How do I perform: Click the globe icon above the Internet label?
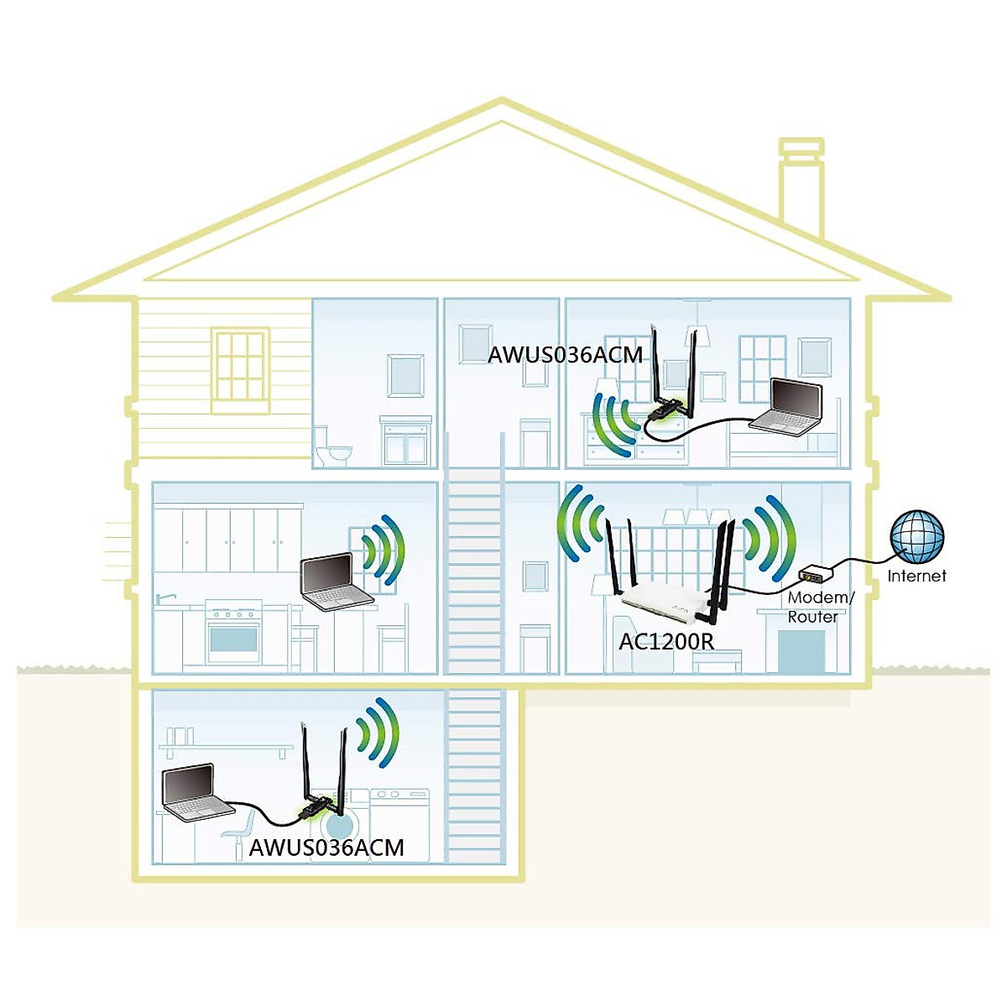(x=917, y=536)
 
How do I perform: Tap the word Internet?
(x=916, y=576)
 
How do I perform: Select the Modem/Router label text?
(x=818, y=607)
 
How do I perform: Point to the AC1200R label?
(x=666, y=642)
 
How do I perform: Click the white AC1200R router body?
(x=663, y=602)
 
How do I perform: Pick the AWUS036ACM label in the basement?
(x=326, y=848)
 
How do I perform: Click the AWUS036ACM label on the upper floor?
(x=565, y=354)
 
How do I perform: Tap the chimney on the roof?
(x=801, y=189)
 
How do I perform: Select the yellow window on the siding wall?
(x=240, y=369)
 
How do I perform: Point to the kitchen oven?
(x=232, y=634)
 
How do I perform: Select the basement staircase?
(x=474, y=776)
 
